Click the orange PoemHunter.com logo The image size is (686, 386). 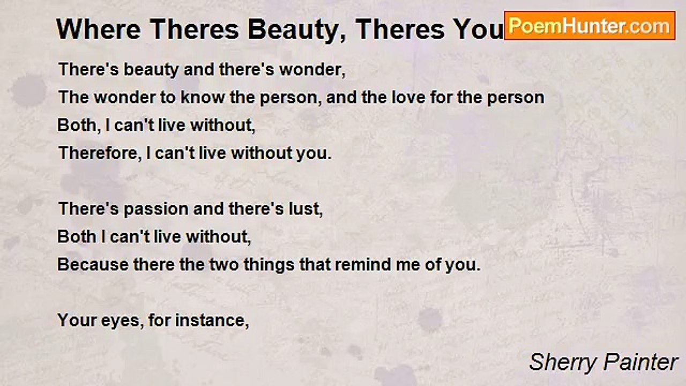coord(590,25)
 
